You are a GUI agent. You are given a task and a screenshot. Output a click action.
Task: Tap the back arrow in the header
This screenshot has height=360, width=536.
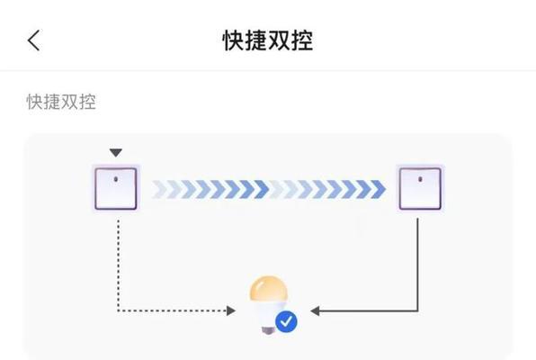pyautogui.click(x=33, y=40)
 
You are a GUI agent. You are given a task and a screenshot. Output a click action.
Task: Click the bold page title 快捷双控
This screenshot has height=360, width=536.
pyautogui.click(x=268, y=40)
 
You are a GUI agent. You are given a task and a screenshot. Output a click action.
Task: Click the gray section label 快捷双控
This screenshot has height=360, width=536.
pyautogui.click(x=61, y=102)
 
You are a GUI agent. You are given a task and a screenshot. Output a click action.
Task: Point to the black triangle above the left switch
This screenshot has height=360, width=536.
pyautogui.click(x=116, y=153)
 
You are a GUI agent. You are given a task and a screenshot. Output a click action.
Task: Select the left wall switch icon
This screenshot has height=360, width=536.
pyautogui.click(x=116, y=189)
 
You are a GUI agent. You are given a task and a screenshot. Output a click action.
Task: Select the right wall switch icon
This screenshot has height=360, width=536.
pyautogui.click(x=420, y=189)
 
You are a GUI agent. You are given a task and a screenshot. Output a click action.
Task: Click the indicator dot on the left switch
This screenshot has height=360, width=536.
pyautogui.click(x=116, y=179)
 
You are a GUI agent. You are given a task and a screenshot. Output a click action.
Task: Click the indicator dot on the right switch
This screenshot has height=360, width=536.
pyautogui.click(x=420, y=179)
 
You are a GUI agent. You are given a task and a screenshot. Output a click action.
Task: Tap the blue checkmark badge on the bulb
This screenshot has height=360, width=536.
pyautogui.click(x=286, y=321)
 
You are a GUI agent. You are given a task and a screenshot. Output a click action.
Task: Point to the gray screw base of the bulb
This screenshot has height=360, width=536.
pyautogui.click(x=268, y=330)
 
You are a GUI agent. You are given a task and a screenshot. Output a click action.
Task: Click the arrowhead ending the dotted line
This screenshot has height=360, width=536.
pyautogui.click(x=231, y=310)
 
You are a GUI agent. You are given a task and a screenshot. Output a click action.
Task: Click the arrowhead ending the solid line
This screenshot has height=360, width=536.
pyautogui.click(x=315, y=310)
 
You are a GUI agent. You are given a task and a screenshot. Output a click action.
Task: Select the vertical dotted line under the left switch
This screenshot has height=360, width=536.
pyautogui.click(x=119, y=265)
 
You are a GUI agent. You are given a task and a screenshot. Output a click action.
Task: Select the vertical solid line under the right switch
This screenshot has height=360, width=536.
pyautogui.click(x=417, y=265)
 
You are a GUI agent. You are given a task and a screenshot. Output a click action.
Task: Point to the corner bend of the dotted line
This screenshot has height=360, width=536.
pyautogui.click(x=119, y=310)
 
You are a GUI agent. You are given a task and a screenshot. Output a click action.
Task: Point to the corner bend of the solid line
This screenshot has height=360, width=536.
pyautogui.click(x=417, y=310)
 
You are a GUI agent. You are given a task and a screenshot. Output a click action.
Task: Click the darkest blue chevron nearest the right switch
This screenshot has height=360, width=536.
pyautogui.click(x=378, y=189)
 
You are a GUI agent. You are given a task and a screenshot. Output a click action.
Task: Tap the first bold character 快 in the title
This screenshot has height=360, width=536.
pyautogui.click(x=234, y=40)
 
